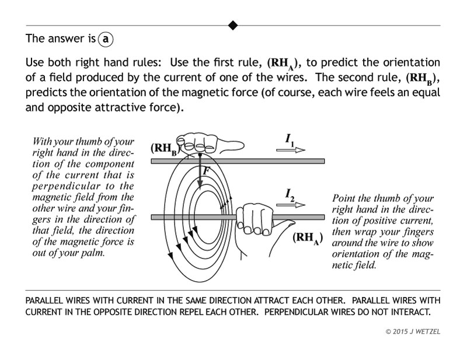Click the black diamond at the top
[233, 25]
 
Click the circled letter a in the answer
[106, 40]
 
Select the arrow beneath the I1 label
[290, 149]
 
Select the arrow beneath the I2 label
[290, 205]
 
